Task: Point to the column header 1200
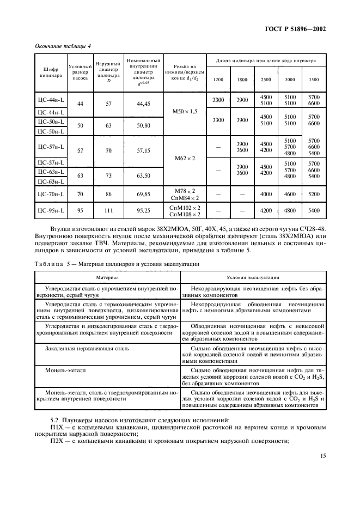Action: [218, 80]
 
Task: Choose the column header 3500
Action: [314, 80]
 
